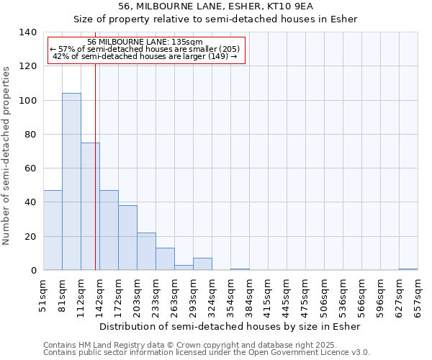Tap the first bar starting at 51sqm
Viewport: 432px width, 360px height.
53,230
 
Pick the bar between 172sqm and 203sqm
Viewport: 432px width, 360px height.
127,238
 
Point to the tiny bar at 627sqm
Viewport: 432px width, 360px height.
408,269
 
